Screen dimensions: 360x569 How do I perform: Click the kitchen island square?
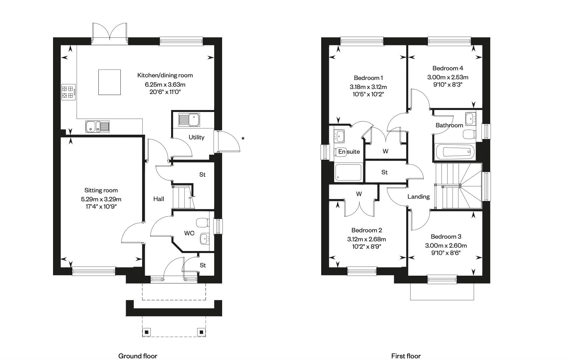point(109,82)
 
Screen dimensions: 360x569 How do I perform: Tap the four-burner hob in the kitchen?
point(68,92)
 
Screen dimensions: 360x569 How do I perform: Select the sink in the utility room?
point(189,120)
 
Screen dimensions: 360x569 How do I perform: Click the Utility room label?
point(196,137)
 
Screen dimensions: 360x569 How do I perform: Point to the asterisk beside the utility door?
point(243,139)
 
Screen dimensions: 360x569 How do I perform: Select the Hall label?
point(159,199)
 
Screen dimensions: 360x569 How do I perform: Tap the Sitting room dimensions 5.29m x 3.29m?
point(101,199)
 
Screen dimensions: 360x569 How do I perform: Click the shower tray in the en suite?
point(348,173)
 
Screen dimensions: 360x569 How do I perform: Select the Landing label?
point(418,197)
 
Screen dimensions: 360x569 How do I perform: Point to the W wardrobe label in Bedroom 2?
point(359,194)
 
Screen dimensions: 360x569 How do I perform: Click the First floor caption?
point(406,356)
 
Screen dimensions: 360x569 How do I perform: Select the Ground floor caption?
point(138,356)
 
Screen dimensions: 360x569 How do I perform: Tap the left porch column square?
point(147,332)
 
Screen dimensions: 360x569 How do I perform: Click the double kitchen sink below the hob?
point(97,127)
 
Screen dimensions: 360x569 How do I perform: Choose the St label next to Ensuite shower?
point(384,172)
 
